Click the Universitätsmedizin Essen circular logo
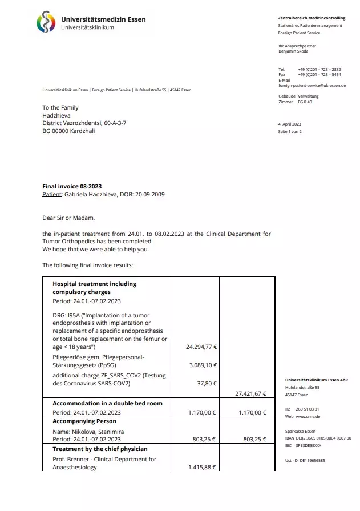pos(47,23)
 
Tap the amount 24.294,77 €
pos(201,347)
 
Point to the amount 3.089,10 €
pos(203,364)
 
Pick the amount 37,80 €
pos(207,383)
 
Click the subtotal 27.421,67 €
pos(250,393)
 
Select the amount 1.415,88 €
pos(202,468)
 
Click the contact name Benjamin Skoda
pos(293,51)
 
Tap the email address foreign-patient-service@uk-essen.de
pos(312,85)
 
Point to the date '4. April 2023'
pos(289,124)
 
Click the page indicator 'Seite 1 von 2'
pos(289,131)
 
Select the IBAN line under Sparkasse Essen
pos(318,438)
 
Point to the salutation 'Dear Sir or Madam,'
pos(68,218)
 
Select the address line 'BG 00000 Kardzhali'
pos(68,131)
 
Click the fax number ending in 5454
pos(319,74)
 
